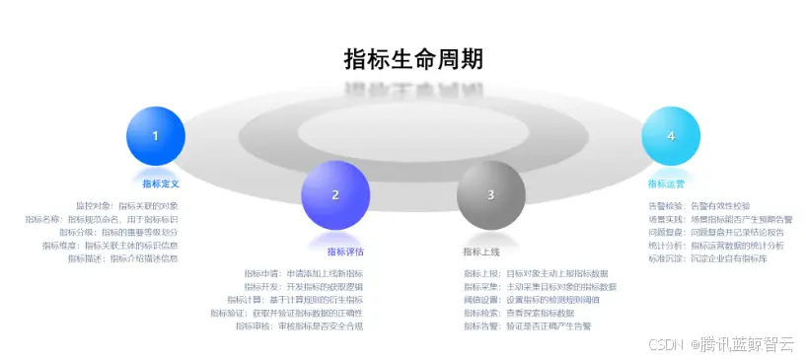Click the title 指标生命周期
[x=413, y=59]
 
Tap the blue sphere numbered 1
[x=156, y=136]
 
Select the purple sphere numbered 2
[x=335, y=194]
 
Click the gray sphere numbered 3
[x=490, y=194]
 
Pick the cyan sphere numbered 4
[x=671, y=136]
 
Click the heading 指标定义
[x=160, y=183]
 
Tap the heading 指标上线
[x=481, y=252]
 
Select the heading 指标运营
[x=666, y=183]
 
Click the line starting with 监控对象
[x=126, y=205]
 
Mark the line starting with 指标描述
[x=122, y=258]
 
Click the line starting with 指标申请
[x=303, y=273]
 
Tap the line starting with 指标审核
[x=298, y=325]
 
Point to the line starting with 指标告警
[x=534, y=325]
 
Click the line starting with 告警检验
[x=698, y=205]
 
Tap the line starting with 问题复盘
[x=714, y=232]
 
